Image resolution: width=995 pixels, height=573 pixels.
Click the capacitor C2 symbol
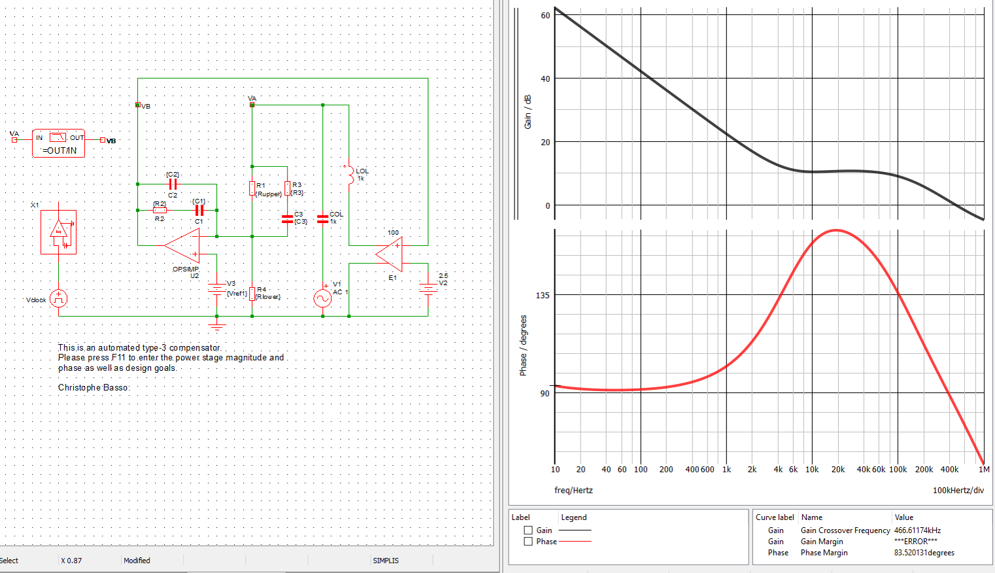pyautogui.click(x=173, y=184)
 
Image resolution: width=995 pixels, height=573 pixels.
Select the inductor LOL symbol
pyautogui.click(x=350, y=175)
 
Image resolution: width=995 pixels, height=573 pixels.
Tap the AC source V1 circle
pyautogui.click(x=322, y=298)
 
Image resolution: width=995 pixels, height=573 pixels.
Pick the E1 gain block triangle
pyautogui.click(x=391, y=254)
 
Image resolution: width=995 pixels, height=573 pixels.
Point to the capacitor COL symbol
pyautogui.click(x=322, y=219)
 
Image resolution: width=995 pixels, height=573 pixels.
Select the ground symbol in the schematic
pyautogui.click(x=217, y=326)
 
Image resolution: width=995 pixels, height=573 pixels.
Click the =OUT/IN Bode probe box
pyautogui.click(x=58, y=143)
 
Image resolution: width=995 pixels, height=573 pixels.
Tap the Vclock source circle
pyautogui.click(x=58, y=299)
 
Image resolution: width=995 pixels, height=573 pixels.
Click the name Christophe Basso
pyautogui.click(x=93, y=387)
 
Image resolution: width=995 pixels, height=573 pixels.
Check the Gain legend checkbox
pyautogui.click(x=528, y=530)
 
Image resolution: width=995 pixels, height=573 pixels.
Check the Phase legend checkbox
pyautogui.click(x=528, y=542)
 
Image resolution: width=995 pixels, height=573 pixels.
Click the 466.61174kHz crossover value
pyautogui.click(x=917, y=530)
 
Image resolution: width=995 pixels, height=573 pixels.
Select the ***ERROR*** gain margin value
pyautogui.click(x=915, y=542)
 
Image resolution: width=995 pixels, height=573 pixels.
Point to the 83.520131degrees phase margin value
pyautogui.click(x=924, y=553)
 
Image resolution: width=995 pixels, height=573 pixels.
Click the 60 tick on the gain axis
pyautogui.click(x=545, y=16)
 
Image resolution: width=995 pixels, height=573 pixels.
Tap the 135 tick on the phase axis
pyautogui.click(x=543, y=296)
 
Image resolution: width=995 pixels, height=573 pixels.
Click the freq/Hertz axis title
pyautogui.click(x=573, y=490)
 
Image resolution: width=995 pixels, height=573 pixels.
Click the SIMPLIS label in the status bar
pyautogui.click(x=386, y=561)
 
